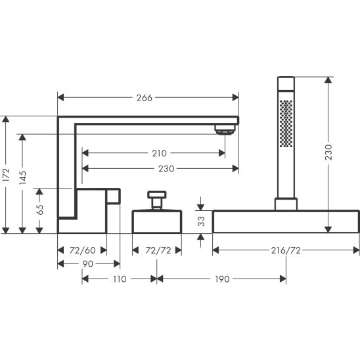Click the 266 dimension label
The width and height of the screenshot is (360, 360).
[144, 98]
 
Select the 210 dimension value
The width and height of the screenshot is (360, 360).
[160, 153]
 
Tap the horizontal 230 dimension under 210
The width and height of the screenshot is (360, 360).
[166, 169]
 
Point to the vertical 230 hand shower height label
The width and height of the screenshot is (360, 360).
[328, 152]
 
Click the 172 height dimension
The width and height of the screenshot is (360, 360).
[6, 175]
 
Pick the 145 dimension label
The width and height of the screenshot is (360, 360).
[22, 177]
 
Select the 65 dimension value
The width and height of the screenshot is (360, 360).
[39, 210]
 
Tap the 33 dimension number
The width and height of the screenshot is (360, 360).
[201, 221]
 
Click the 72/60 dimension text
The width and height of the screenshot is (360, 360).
[82, 250]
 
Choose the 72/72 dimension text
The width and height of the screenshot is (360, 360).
[158, 250]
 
